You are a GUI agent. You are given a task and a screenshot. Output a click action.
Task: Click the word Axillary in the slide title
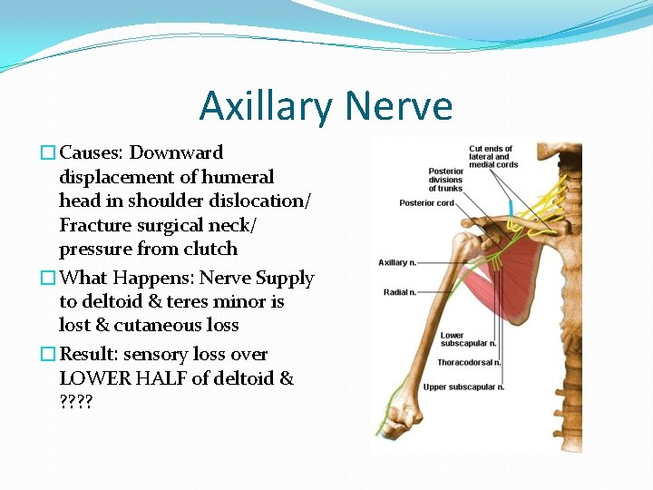click(x=262, y=106)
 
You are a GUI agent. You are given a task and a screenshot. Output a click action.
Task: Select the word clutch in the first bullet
click(x=210, y=249)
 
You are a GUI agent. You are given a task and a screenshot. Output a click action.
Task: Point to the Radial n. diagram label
click(x=401, y=292)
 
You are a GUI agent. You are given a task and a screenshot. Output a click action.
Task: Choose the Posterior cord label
click(x=426, y=203)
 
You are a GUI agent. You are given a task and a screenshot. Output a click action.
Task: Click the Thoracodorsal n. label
click(x=469, y=363)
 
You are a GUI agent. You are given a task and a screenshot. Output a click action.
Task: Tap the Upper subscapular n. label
click(x=463, y=387)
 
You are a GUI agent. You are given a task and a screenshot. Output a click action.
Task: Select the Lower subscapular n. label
click(x=468, y=339)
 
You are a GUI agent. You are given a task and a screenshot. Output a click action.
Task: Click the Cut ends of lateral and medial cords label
click(x=491, y=156)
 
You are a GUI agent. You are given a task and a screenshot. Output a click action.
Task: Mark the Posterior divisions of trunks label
click(x=445, y=180)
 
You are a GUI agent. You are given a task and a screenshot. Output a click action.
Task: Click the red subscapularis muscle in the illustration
click(x=514, y=281)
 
